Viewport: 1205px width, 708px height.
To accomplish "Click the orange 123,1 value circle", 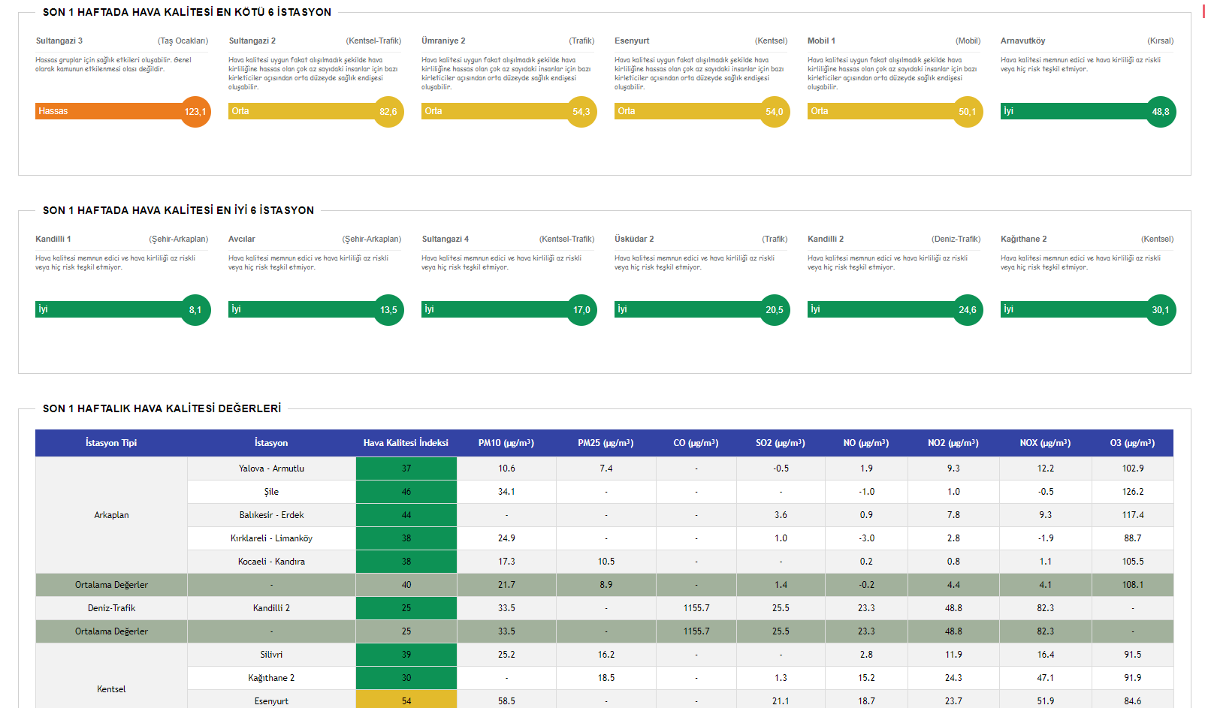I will (x=195, y=112).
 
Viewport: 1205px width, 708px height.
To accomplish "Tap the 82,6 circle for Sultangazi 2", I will (x=388, y=112).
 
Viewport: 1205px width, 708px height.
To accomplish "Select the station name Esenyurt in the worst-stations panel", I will (x=632, y=41).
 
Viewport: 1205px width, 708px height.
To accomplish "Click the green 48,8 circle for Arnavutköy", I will (x=1161, y=112).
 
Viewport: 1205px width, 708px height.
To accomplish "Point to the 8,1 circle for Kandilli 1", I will (x=195, y=310).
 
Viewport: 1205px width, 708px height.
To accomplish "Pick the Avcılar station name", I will (x=242, y=239).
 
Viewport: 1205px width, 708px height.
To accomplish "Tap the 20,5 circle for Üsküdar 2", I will (x=775, y=310).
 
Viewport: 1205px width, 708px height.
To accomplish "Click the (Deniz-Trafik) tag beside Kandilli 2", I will (x=956, y=239).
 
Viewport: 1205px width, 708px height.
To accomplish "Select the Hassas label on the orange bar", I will (x=53, y=111).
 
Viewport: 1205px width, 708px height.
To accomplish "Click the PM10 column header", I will (x=506, y=443).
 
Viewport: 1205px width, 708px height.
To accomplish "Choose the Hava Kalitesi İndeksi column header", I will (x=406, y=443).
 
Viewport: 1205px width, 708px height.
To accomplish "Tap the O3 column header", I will (x=1132, y=443).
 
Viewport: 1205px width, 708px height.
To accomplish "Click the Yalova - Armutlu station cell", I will (x=271, y=468).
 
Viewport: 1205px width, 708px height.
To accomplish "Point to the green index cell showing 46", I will (x=406, y=492).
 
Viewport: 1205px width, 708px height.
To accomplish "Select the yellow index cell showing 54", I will (x=406, y=701).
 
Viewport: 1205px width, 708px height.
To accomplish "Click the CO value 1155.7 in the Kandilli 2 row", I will (x=696, y=608).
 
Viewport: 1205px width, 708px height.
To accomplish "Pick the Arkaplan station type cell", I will (x=111, y=515).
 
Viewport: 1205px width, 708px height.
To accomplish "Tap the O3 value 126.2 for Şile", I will (x=1133, y=492).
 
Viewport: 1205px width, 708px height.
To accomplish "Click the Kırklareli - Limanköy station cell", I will (x=271, y=538).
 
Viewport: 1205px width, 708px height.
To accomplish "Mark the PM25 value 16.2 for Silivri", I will (x=606, y=655).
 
